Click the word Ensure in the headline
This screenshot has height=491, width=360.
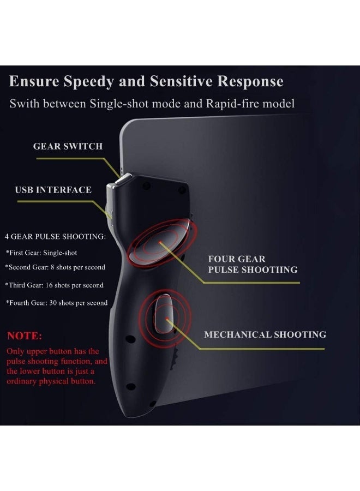pyautogui.click(x=34, y=81)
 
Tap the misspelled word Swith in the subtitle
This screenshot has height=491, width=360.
pyautogui.click(x=25, y=103)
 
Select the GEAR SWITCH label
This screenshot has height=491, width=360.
pyautogui.click(x=68, y=146)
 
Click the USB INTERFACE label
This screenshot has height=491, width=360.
pyautogui.click(x=53, y=190)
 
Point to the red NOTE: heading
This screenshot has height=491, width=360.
pyautogui.click(x=25, y=336)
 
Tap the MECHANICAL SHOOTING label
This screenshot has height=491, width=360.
pyautogui.click(x=265, y=334)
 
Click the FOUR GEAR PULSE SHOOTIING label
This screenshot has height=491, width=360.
pyautogui.click(x=253, y=264)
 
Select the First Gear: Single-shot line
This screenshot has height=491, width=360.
pyautogui.click(x=41, y=253)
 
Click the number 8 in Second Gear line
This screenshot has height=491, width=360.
pyautogui.click(x=52, y=267)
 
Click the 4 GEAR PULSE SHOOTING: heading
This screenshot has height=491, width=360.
pyautogui.click(x=55, y=236)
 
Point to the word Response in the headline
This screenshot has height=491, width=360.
pyautogui.click(x=250, y=81)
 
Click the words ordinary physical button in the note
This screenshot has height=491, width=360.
pyautogui.click(x=51, y=381)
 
